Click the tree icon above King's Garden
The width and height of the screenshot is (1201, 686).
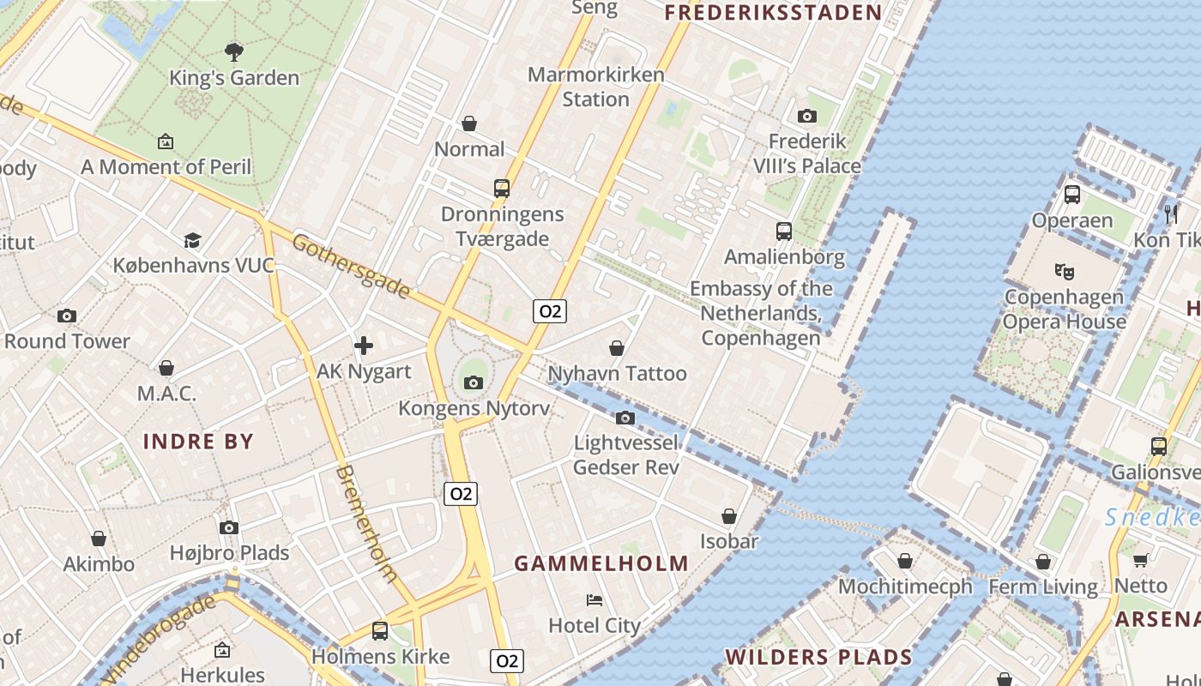[x=233, y=51]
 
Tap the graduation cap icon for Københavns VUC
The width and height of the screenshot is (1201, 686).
[x=192, y=240]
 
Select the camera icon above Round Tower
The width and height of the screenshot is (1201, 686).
[x=67, y=316]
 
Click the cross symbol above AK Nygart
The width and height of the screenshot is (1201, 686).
[x=364, y=346]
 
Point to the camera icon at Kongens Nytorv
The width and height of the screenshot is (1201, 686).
[x=474, y=382]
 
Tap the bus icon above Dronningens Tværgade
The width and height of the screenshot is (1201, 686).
[x=502, y=189]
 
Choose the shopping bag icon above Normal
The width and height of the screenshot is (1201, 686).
[x=469, y=123]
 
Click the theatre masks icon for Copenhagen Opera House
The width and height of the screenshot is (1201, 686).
[x=1065, y=272]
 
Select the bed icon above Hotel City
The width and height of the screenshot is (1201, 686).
[x=594, y=599]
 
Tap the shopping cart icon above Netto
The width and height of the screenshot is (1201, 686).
[x=1141, y=560]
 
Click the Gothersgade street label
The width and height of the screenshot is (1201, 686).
[x=351, y=266]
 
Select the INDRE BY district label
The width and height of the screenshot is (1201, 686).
[x=198, y=442]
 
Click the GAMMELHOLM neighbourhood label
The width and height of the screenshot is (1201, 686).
[x=601, y=563]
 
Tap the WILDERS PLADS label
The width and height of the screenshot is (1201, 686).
[x=818, y=658]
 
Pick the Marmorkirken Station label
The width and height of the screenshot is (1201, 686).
[x=596, y=87]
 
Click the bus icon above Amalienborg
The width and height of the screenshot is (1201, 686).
[x=784, y=231]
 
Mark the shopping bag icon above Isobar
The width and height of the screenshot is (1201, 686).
[x=729, y=516]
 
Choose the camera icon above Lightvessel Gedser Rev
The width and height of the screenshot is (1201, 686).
[x=625, y=418]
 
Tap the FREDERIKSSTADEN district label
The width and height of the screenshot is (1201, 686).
[x=773, y=12]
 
